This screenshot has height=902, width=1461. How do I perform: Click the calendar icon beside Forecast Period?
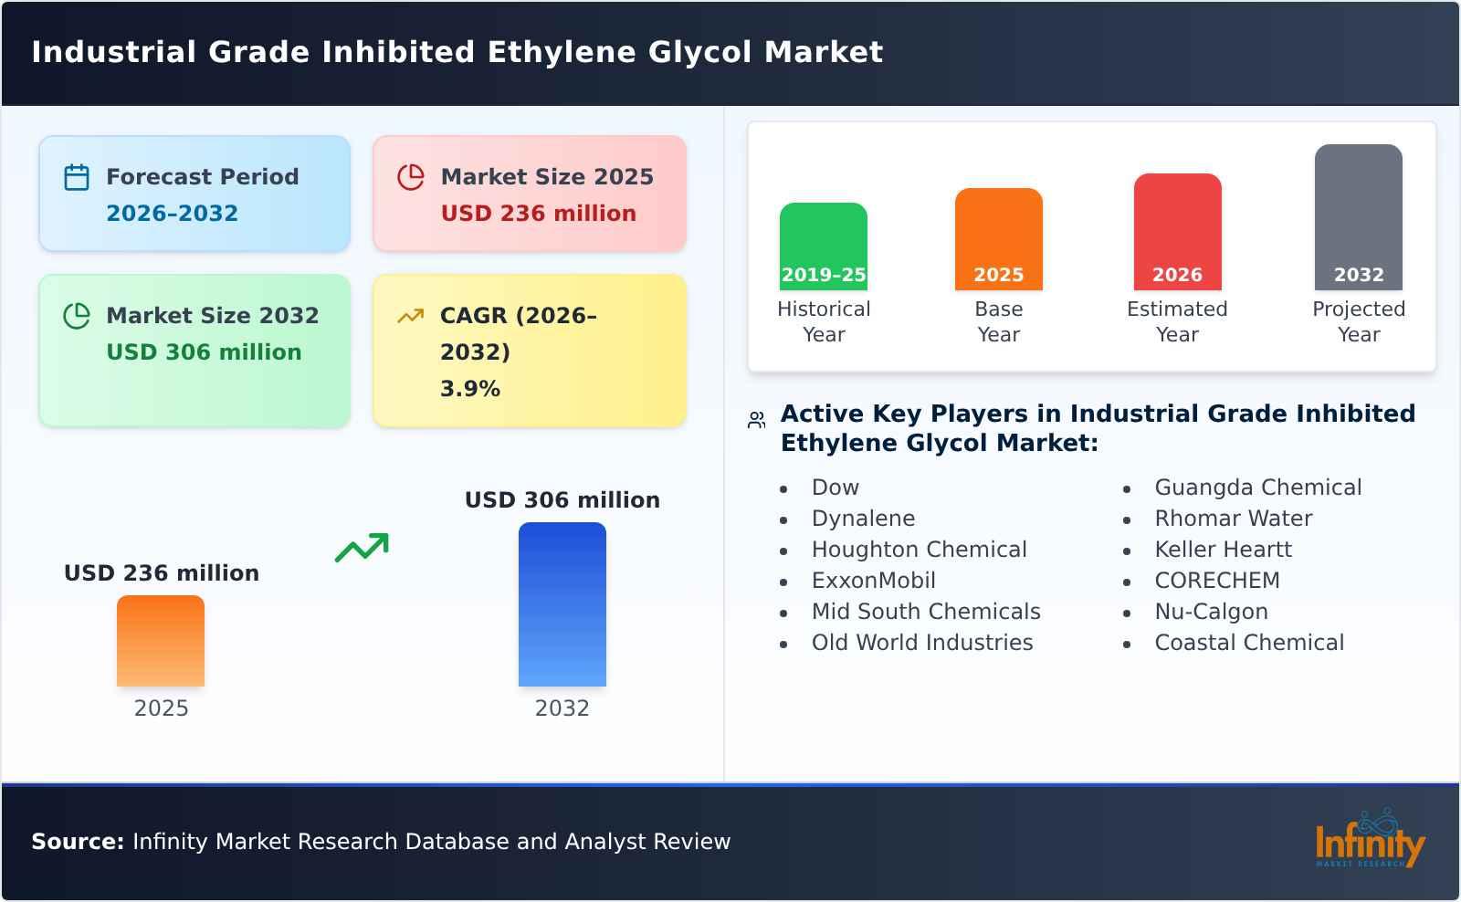point(77,177)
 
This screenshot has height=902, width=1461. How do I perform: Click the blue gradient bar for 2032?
point(562,604)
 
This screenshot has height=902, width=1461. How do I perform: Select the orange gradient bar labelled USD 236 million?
point(161,641)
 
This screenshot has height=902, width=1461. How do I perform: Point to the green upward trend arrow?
point(362,548)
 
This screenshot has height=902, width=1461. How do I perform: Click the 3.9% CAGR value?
point(469,389)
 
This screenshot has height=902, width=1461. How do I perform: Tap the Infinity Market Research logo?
point(1369,840)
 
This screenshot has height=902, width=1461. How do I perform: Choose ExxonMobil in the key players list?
point(873,581)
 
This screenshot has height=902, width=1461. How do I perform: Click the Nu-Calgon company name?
point(1211,612)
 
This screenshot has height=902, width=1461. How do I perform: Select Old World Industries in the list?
point(922,643)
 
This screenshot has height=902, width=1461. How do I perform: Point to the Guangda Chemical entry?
point(1257,488)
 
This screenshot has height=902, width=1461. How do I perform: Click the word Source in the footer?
point(77,842)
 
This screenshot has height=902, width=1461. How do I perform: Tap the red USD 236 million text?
point(538,214)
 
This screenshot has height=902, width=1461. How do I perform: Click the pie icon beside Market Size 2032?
point(77,316)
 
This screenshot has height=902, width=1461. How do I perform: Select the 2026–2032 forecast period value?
point(172,214)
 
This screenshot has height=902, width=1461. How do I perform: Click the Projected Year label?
point(1358,321)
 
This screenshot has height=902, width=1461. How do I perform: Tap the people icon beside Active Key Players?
point(756,420)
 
